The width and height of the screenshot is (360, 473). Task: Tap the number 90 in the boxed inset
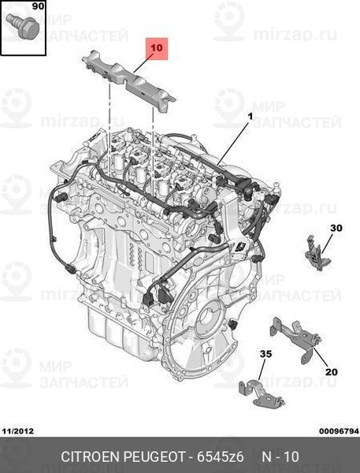coord(38,6)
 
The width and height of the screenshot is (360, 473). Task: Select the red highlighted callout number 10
coord(157,48)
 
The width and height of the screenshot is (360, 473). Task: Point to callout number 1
coord(250,116)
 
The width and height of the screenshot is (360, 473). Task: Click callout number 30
coord(336,228)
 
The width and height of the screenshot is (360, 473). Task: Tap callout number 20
coord(331,372)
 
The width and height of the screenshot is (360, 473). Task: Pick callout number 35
coord(266,353)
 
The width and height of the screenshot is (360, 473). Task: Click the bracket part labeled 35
coord(261,393)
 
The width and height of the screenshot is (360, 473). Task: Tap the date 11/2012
coord(18,431)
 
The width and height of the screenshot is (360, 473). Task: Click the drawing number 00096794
coord(340,431)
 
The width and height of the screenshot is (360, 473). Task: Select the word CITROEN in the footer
coord(91,456)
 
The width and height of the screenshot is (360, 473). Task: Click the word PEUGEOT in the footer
coord(154,456)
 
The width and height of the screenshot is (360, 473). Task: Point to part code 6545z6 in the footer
coord(220,456)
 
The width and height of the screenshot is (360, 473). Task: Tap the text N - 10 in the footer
coord(280,456)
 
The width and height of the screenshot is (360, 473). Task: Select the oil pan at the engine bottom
coord(121,335)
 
